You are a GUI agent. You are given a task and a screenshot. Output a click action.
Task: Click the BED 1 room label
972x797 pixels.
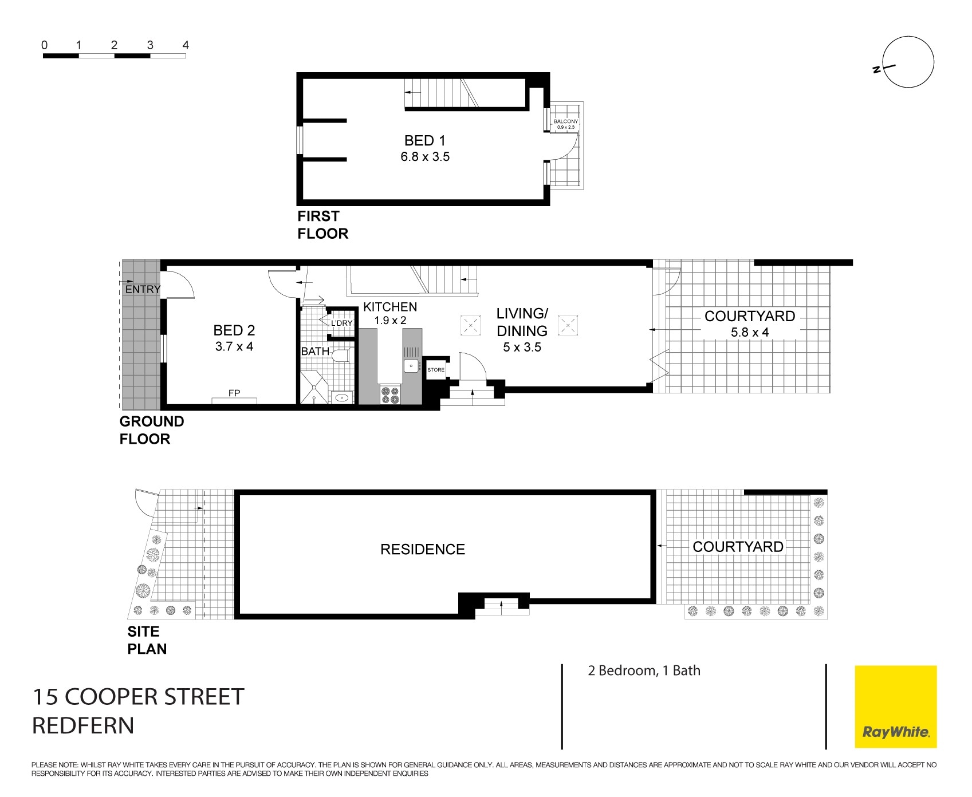(424, 140)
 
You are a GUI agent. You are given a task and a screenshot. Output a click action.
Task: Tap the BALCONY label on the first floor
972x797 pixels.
(565, 121)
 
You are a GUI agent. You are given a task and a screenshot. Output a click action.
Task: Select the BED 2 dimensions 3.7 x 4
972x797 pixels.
(234, 346)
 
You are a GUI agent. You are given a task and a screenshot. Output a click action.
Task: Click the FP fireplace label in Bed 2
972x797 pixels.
(234, 393)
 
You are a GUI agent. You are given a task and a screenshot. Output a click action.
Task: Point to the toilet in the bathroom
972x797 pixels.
(342, 356)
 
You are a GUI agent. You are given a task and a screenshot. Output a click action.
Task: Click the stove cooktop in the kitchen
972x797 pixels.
(391, 395)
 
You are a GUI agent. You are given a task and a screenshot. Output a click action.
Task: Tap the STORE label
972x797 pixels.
(436, 370)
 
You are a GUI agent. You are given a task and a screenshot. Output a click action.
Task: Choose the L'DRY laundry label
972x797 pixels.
(341, 323)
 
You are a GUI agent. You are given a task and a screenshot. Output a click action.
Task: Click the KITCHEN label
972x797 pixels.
(390, 307)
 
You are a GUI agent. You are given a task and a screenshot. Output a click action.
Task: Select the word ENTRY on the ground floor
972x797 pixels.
(143, 289)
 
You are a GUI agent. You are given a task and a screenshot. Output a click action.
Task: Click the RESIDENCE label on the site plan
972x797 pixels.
(423, 550)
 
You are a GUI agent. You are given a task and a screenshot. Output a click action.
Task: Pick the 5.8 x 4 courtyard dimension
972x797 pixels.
(749, 332)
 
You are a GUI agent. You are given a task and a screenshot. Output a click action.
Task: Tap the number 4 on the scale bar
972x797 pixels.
(185, 45)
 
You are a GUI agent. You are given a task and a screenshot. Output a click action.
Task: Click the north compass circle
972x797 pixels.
(909, 62)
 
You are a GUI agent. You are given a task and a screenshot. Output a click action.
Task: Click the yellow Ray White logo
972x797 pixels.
(895, 707)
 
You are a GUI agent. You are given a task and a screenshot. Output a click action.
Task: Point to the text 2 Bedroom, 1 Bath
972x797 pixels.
(644, 670)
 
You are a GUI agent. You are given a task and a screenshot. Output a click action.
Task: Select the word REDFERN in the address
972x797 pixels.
(83, 726)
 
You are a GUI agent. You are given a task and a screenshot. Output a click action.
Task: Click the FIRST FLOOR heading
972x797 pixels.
(322, 225)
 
